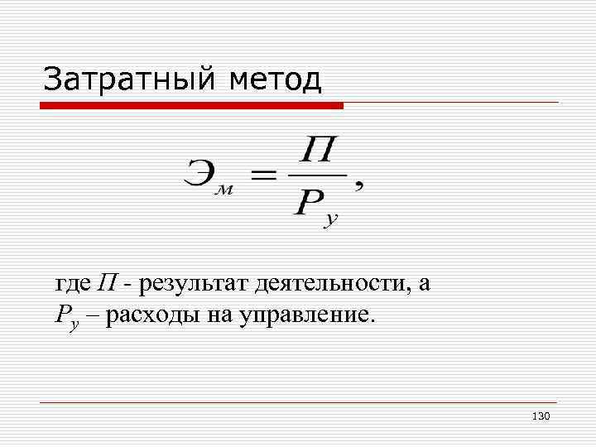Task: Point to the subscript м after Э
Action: (x=223, y=190)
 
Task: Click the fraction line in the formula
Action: (x=317, y=175)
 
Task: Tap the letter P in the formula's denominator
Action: (x=307, y=201)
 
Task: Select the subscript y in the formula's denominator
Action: (x=331, y=219)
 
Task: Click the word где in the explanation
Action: (x=73, y=284)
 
